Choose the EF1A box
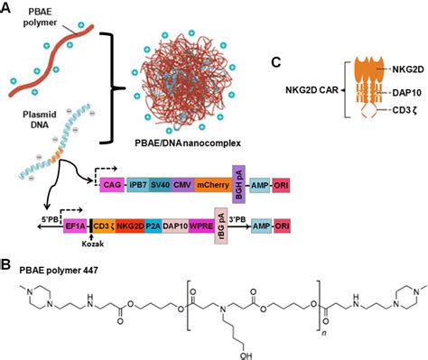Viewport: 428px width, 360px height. click(75, 228)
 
